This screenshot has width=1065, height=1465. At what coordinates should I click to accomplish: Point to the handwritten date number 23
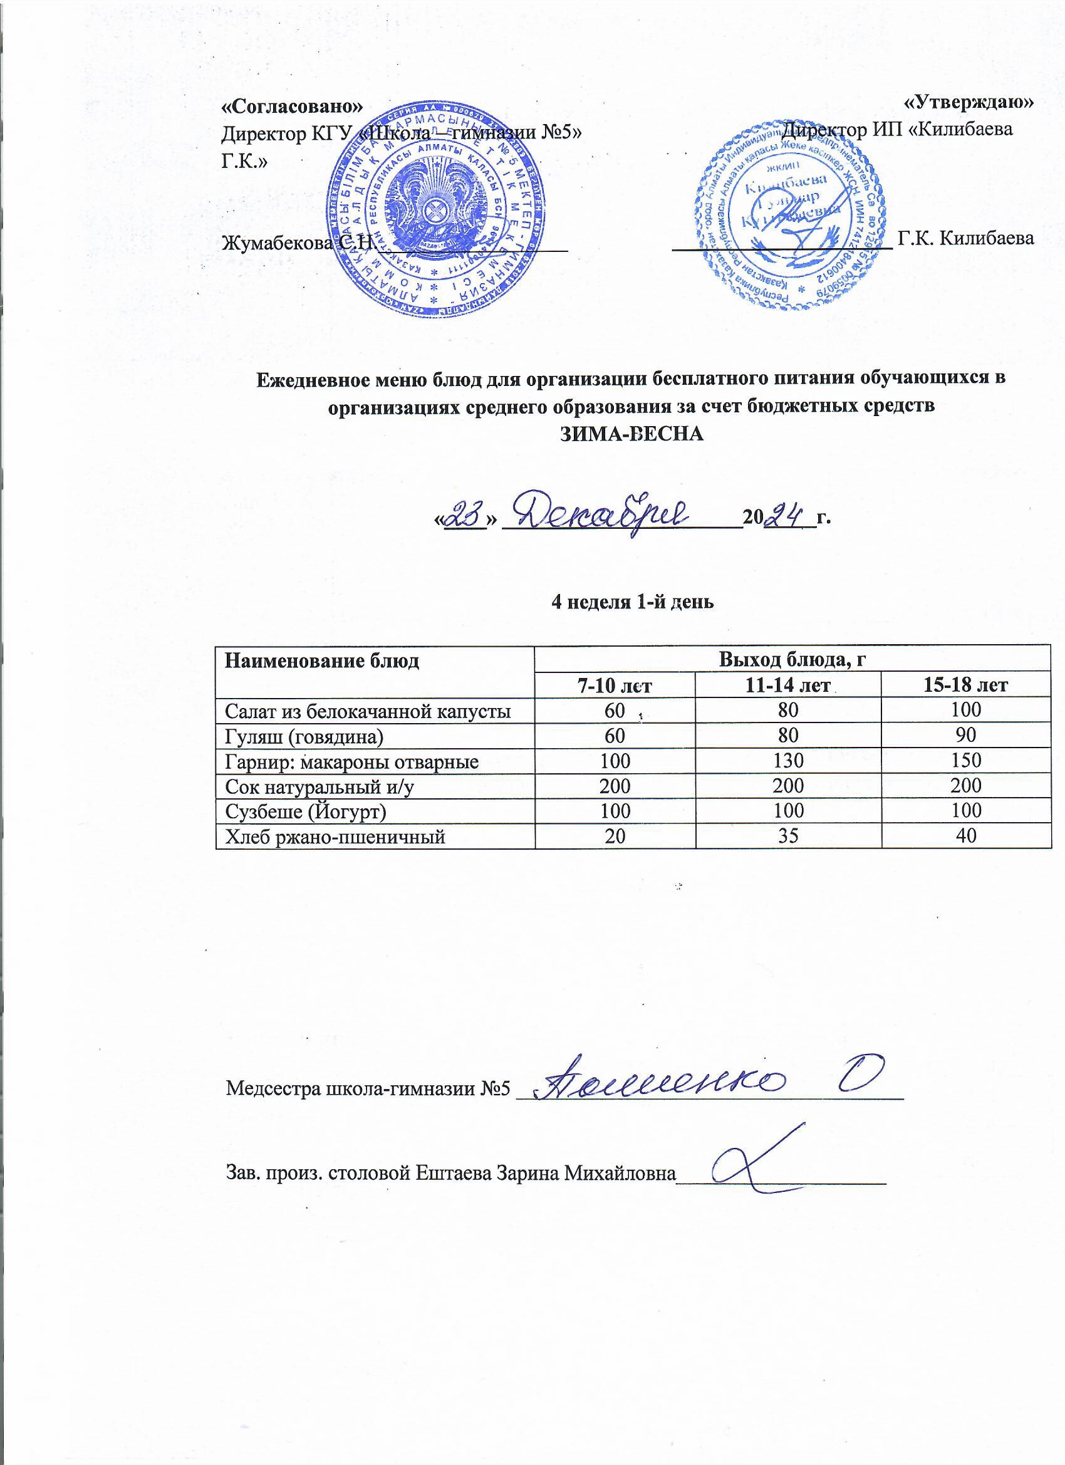click(465, 516)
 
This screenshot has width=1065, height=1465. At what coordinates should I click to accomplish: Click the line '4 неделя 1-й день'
click(631, 602)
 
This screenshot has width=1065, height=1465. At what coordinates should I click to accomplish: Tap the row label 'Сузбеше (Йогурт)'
click(306, 811)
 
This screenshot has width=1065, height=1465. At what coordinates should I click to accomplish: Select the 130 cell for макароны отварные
click(788, 760)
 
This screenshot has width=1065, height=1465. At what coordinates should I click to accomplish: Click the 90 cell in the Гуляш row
click(966, 735)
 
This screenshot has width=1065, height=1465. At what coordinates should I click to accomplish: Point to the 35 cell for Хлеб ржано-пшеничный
click(788, 836)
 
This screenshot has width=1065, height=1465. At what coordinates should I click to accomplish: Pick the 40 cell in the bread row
click(966, 836)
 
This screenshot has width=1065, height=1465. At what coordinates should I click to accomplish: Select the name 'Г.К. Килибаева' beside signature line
click(965, 238)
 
